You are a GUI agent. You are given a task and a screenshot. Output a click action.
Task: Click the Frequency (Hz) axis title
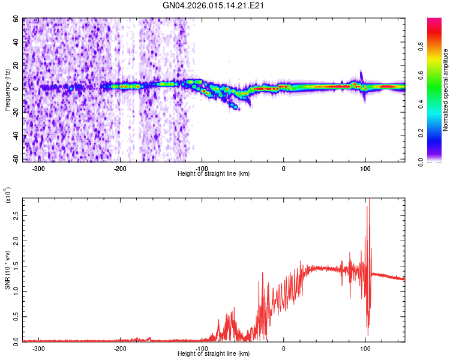pyautogui.click(x=8, y=91)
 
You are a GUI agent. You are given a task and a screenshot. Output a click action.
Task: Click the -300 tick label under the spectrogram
pyautogui.click(x=39, y=169)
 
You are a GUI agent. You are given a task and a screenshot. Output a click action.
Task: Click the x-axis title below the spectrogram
pyautogui.click(x=214, y=174)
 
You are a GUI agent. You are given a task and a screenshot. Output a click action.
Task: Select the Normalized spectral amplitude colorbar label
pyautogui.click(x=446, y=90)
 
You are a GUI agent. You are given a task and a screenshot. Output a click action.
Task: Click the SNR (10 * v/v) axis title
pyautogui.click(x=8, y=269)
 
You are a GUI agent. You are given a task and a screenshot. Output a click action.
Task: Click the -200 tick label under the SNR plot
pyautogui.click(x=121, y=349)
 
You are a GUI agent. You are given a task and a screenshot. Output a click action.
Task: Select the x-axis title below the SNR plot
pyautogui.click(x=214, y=354)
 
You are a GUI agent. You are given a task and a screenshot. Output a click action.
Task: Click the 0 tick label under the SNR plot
pyautogui.click(x=284, y=349)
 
